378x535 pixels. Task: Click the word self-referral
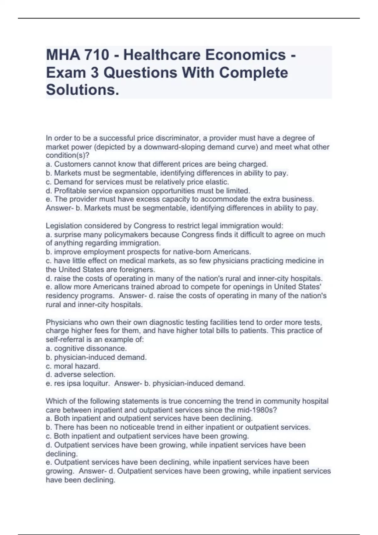point(65,340)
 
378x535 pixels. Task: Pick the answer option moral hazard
point(77,366)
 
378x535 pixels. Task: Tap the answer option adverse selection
point(85,374)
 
